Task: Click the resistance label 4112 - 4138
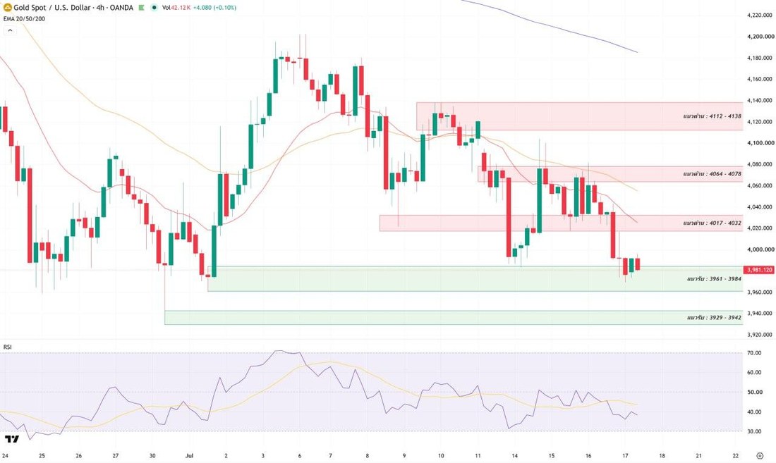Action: pos(712,116)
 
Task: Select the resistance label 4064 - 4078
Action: pos(712,174)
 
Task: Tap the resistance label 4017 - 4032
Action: pos(712,223)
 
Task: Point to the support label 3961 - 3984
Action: pos(714,278)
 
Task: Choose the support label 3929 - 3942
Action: pos(714,317)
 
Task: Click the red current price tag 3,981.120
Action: pos(758,270)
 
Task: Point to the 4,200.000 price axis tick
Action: pos(760,37)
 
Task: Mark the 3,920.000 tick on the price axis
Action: pos(760,335)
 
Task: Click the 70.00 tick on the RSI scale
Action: pos(753,353)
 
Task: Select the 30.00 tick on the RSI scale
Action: pos(753,431)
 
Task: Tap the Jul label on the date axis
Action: pos(188,455)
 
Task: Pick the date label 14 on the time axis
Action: pos(515,455)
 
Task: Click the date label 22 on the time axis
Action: pos(735,455)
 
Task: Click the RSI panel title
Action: pos(8,347)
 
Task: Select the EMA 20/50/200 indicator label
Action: pos(24,19)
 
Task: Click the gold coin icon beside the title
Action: pos(8,8)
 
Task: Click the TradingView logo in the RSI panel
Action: pos(12,439)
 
